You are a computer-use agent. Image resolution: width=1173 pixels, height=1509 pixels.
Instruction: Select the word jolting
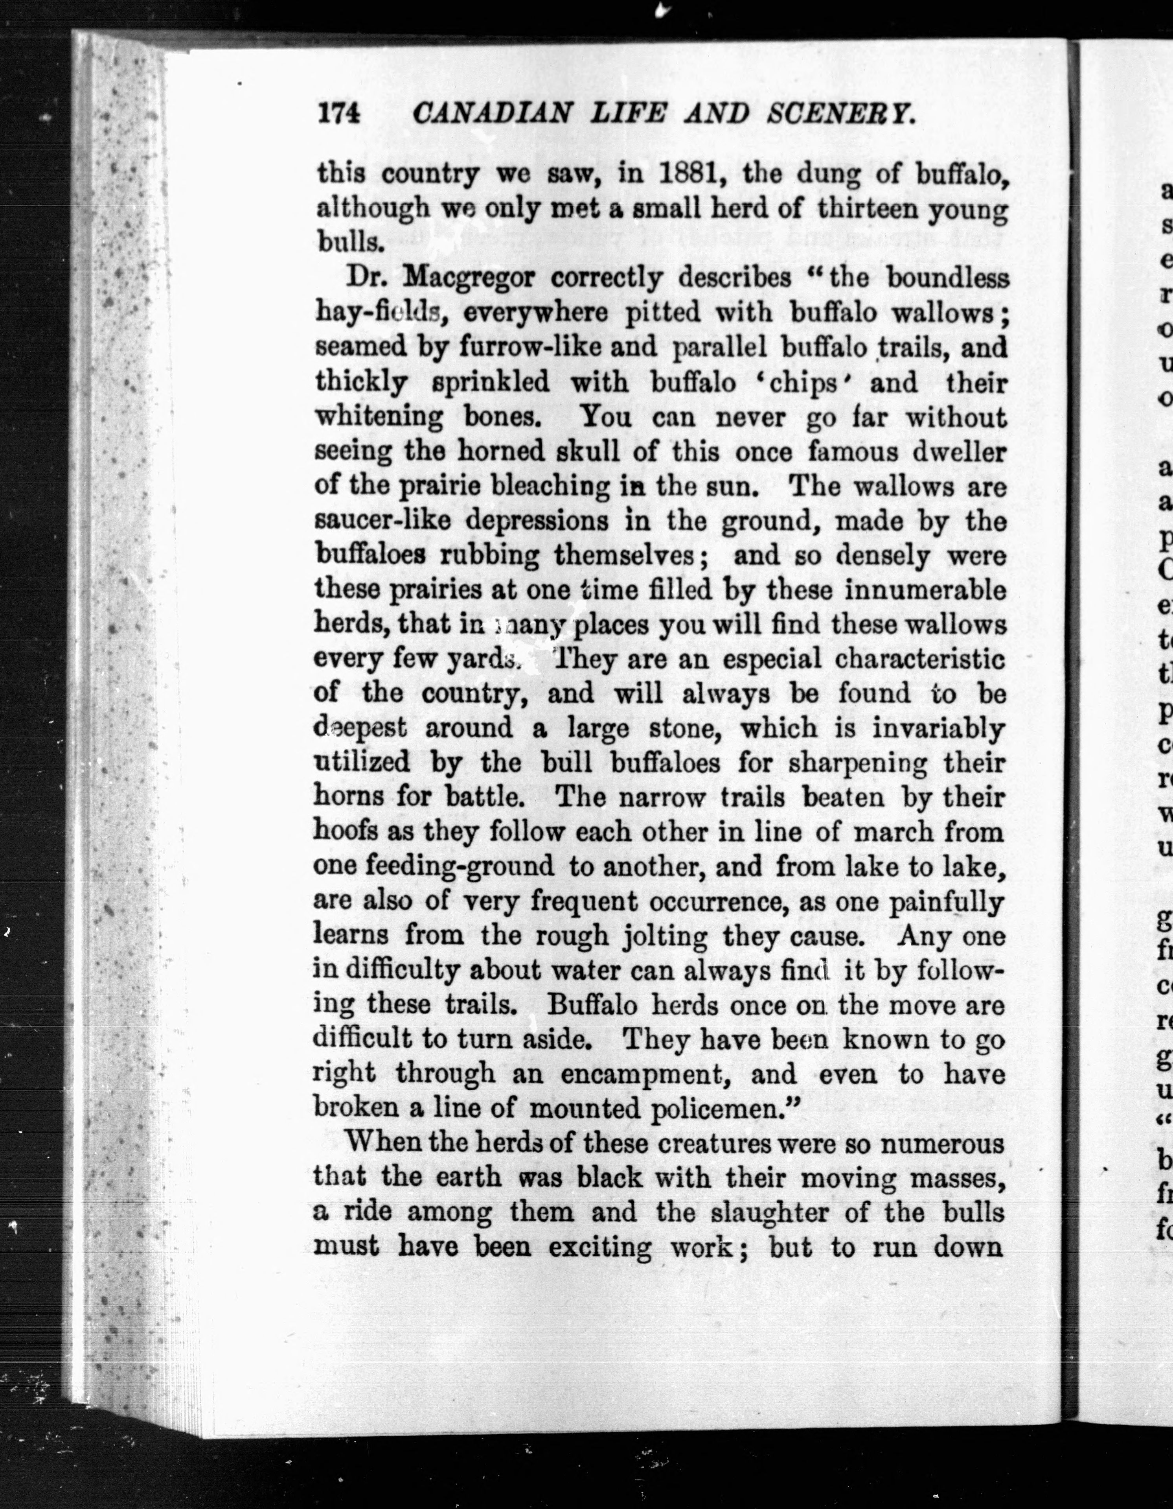pos(665,936)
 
